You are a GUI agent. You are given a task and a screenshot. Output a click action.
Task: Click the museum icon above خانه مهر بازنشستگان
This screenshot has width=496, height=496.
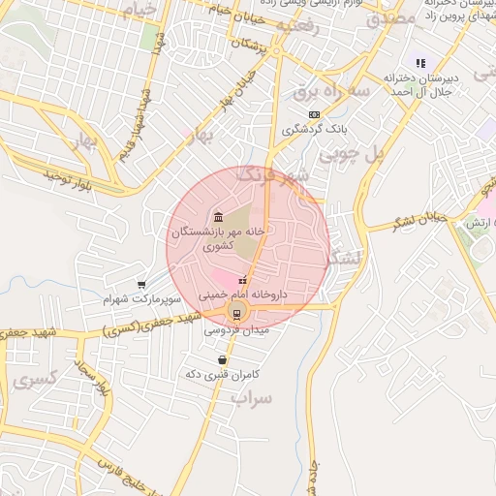[x=217, y=215]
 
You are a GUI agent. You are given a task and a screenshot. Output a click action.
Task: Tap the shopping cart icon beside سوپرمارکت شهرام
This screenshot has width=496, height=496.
[x=142, y=285]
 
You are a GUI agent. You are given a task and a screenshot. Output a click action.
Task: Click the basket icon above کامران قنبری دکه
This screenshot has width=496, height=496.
[x=223, y=359]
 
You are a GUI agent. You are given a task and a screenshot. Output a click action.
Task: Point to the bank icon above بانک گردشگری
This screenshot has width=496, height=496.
[x=314, y=114]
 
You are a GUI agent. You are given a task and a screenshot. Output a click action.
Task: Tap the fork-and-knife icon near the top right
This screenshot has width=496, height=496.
[x=419, y=63]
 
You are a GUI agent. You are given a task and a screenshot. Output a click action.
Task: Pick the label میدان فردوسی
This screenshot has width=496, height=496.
[x=237, y=330]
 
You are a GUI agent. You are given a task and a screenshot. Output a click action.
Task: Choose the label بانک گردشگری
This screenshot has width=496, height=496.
[x=315, y=128]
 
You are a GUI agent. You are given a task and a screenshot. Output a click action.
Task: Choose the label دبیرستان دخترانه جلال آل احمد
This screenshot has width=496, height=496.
[x=420, y=82]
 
